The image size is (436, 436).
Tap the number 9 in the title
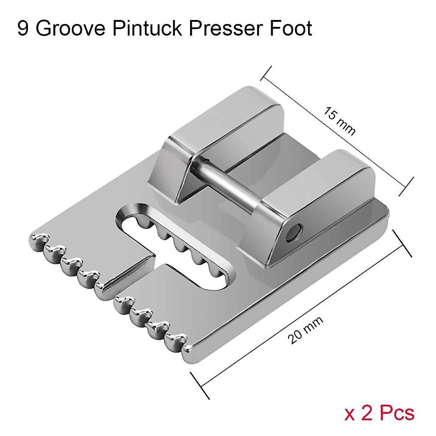pyautogui.click(x=23, y=29)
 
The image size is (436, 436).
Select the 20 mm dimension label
pyautogui.click(x=305, y=330)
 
